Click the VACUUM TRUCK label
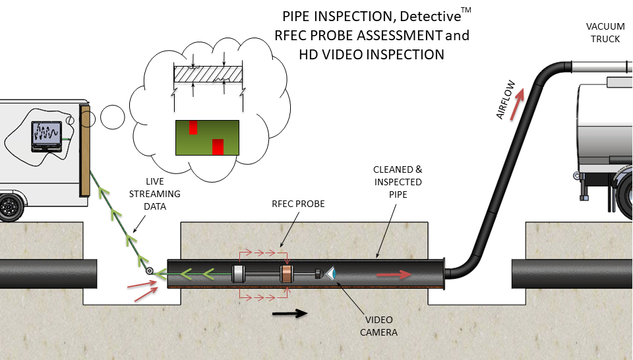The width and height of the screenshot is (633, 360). point(604,33)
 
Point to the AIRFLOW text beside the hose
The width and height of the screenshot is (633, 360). point(505,106)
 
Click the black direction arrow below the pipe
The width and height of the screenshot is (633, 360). point(290,313)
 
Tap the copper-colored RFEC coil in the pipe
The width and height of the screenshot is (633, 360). point(286,274)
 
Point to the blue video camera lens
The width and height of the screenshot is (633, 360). point(332,272)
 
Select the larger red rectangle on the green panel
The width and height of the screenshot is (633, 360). point(218,146)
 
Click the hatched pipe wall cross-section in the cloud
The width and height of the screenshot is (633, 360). point(208,75)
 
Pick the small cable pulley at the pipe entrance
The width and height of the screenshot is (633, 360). point(150,271)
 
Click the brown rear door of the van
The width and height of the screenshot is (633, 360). point(84,150)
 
